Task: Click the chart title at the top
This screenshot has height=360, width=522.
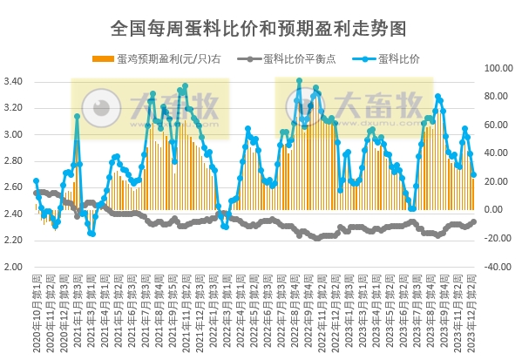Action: click(x=260, y=28)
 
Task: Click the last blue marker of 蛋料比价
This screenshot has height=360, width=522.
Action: click(x=474, y=175)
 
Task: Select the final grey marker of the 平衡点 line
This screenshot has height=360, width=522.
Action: click(x=474, y=221)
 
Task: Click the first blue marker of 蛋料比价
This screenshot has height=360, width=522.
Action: click(x=36, y=181)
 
